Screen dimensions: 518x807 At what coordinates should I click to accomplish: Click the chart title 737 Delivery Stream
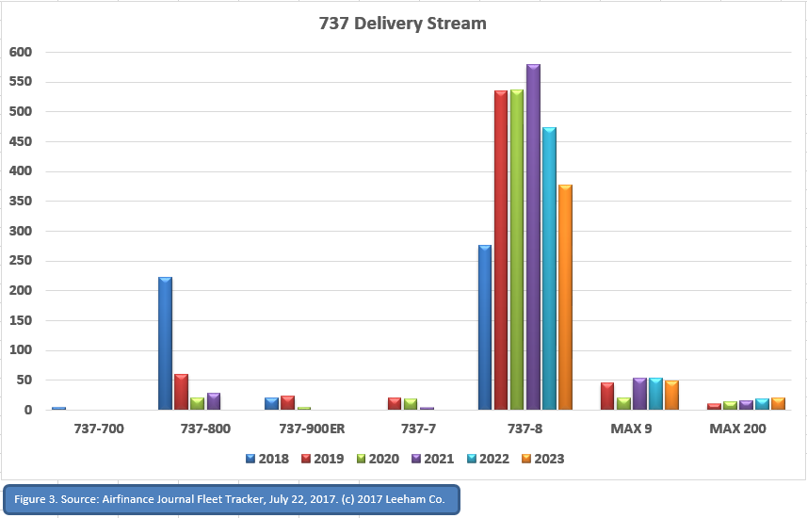(403, 24)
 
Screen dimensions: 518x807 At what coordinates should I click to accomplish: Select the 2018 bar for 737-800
(165, 344)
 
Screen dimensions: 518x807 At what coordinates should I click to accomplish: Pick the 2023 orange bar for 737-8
(565, 298)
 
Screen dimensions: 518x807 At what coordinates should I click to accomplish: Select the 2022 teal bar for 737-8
(549, 268)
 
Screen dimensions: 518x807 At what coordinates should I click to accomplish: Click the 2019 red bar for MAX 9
(607, 397)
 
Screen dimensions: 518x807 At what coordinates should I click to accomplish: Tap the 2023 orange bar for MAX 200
(778, 404)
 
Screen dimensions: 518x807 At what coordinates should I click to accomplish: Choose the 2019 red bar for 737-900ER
(287, 403)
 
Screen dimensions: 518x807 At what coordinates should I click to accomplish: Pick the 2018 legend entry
(267, 459)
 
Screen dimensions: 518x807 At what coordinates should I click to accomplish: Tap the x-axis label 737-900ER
(312, 429)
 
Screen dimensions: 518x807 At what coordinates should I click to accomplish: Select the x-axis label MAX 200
(737, 429)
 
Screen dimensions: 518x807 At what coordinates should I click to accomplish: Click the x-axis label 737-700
(99, 429)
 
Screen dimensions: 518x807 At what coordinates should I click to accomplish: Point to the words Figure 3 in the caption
(37, 497)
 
